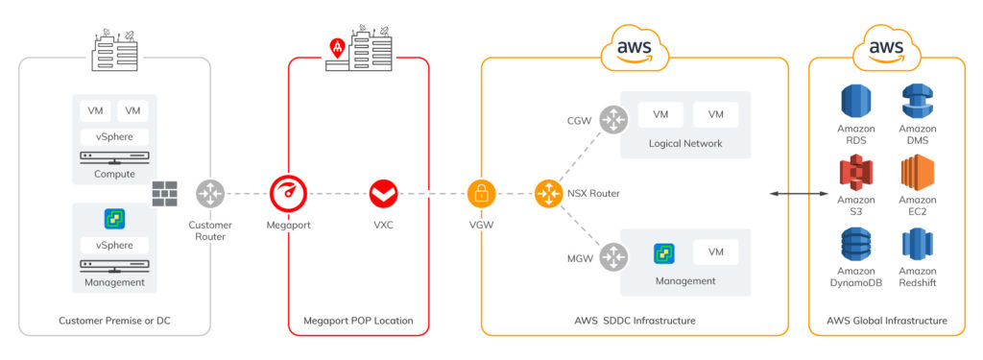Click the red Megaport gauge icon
[288, 193]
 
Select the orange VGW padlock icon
[481, 193]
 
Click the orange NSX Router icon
[548, 193]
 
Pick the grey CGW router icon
[611, 120]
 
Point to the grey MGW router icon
[611, 256]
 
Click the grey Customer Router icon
[210, 193]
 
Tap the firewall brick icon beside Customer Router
[165, 193]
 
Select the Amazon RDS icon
[855, 103]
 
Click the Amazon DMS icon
[918, 103]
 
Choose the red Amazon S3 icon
[855, 174]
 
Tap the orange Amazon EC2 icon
[918, 174]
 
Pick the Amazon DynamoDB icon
[855, 245]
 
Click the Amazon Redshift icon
[918, 245]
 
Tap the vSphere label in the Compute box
[113, 136]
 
